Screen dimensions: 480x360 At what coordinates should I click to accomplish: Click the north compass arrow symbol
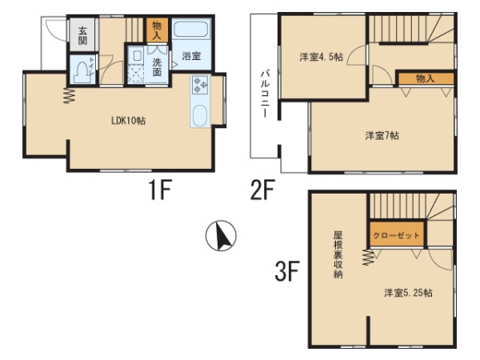pyautogui.click(x=221, y=235)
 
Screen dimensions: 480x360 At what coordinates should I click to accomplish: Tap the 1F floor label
pyautogui.click(x=160, y=190)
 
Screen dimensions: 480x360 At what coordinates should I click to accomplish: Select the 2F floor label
pyautogui.click(x=262, y=190)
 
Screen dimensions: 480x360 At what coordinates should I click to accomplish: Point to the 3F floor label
pyautogui.click(x=287, y=271)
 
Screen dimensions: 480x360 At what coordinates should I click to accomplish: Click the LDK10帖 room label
pyautogui.click(x=128, y=121)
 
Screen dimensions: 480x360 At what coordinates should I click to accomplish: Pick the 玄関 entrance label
pyautogui.click(x=82, y=35)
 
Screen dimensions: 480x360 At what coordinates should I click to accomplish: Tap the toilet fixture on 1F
pyautogui.click(x=82, y=72)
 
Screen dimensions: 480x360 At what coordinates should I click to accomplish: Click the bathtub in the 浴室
pyautogui.click(x=191, y=29)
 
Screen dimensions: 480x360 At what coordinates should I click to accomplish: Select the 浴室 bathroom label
pyautogui.click(x=191, y=56)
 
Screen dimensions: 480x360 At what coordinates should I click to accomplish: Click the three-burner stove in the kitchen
pyautogui.click(x=200, y=85)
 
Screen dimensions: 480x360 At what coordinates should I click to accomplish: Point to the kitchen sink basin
pyautogui.click(x=200, y=115)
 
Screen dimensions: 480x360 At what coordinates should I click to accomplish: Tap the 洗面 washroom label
pyautogui.click(x=157, y=68)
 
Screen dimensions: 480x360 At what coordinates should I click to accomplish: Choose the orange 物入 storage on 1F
pyautogui.click(x=157, y=30)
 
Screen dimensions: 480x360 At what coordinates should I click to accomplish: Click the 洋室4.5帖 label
pyautogui.click(x=321, y=57)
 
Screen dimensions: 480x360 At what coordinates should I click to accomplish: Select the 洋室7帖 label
pyautogui.click(x=382, y=135)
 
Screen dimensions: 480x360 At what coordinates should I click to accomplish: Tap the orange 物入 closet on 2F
pyautogui.click(x=426, y=79)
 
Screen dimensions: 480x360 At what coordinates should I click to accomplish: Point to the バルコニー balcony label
pyautogui.click(x=265, y=94)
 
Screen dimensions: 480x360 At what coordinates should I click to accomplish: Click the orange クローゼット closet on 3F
pyautogui.click(x=397, y=234)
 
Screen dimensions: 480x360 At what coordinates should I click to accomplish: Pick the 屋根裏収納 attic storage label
pyautogui.click(x=338, y=254)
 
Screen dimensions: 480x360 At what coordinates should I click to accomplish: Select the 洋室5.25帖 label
pyautogui.click(x=408, y=293)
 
